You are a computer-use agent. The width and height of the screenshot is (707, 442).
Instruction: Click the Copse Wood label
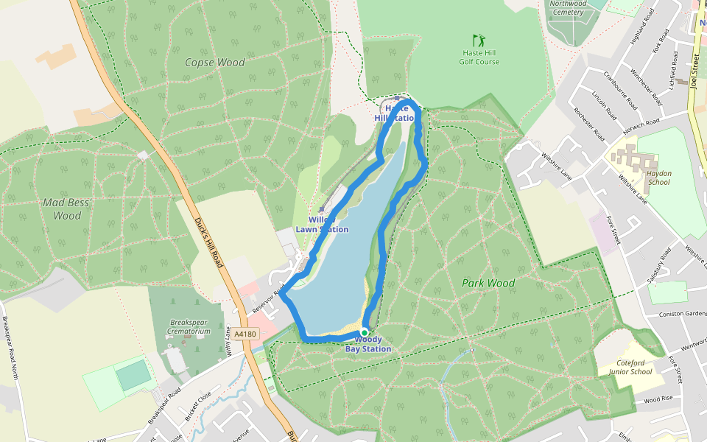pyautogui.click(x=215, y=63)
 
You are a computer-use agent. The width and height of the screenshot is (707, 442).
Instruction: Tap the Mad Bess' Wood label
pyautogui.click(x=62, y=209)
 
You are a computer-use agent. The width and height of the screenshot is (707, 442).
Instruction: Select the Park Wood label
pyautogui.click(x=488, y=283)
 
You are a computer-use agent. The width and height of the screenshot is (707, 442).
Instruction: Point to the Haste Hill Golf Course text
pyautogui.click(x=479, y=57)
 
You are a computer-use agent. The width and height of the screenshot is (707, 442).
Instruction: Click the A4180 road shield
pyautogui.click(x=246, y=334)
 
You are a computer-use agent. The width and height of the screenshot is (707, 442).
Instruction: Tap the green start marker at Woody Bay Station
pyautogui.click(x=364, y=333)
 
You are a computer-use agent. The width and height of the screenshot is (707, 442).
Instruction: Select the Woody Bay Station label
pyautogui.click(x=368, y=344)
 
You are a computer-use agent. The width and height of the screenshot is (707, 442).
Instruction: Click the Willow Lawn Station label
pyautogui.click(x=322, y=225)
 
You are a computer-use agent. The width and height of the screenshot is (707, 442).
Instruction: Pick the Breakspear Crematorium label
pyautogui.click(x=190, y=327)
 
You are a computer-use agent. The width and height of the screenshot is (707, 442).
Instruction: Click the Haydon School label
pyautogui.click(x=654, y=178)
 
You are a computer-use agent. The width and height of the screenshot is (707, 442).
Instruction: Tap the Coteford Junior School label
pyautogui.click(x=630, y=367)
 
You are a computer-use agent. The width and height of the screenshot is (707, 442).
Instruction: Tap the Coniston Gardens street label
pyautogui.click(x=677, y=312)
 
